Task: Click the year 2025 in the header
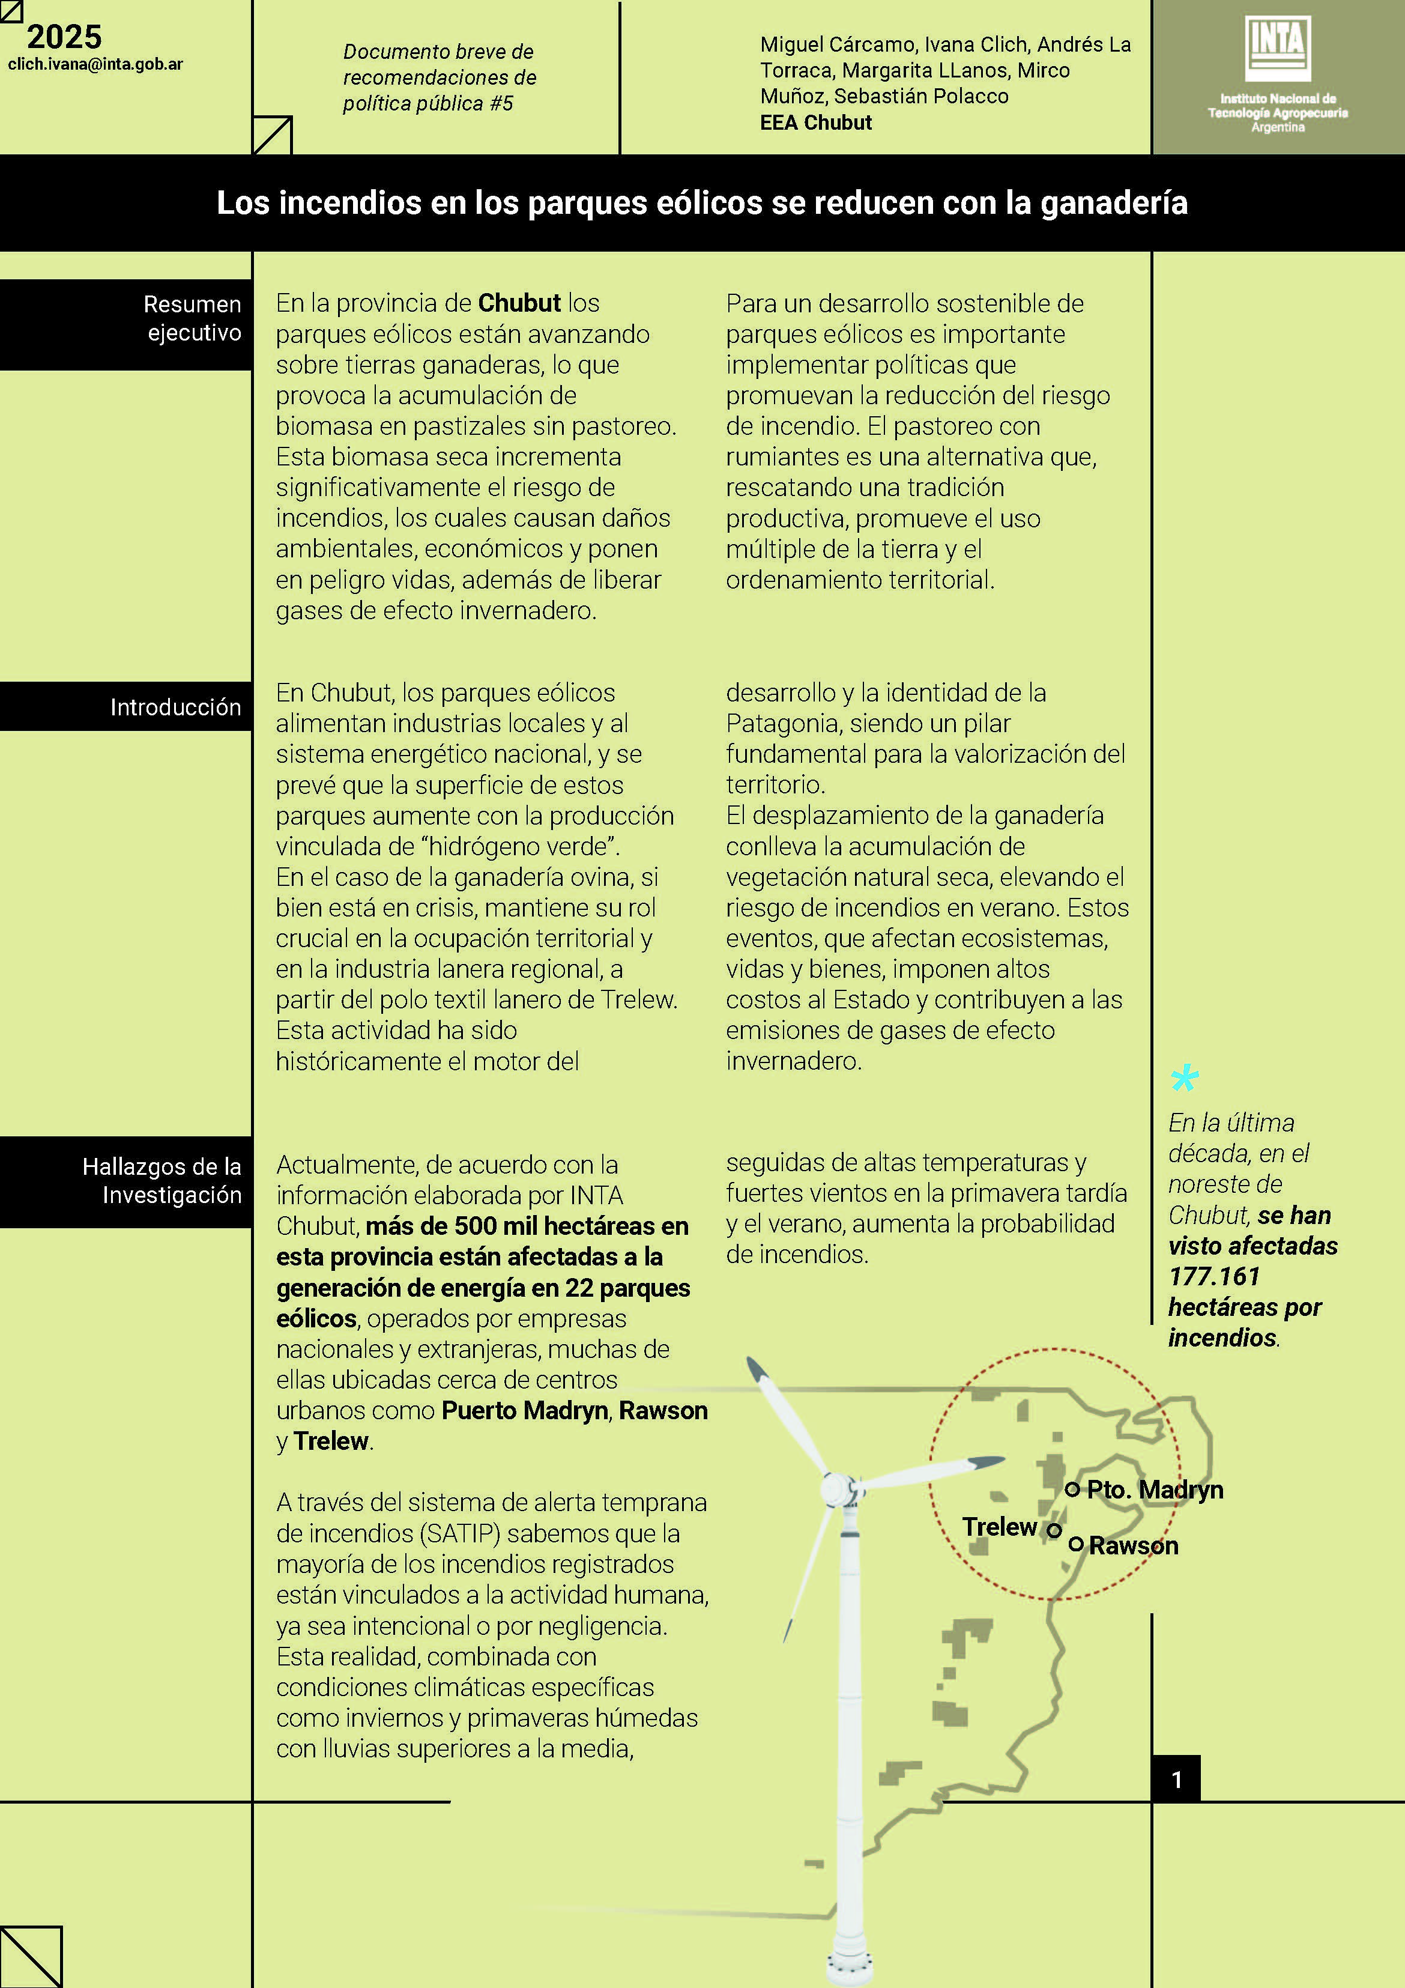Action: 64,37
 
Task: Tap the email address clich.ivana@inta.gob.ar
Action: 95,64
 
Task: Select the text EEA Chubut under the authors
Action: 815,123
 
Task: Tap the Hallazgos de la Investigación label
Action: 162,1180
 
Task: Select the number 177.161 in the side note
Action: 1213,1276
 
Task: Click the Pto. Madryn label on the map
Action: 1155,1490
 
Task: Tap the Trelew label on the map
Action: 999,1527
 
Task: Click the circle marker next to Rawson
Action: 1076,1544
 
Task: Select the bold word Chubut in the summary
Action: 519,303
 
